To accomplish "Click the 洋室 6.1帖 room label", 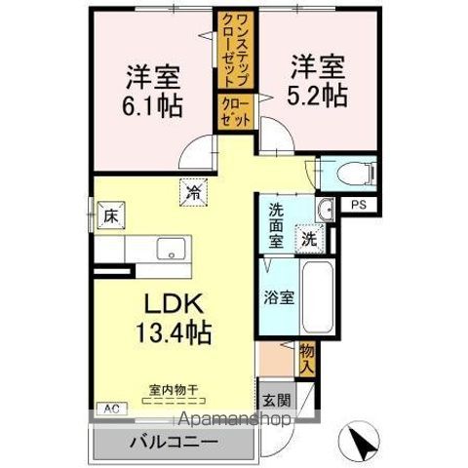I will coord(153,90).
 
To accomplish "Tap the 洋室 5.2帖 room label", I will coord(317,80).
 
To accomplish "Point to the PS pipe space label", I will coord(360,205).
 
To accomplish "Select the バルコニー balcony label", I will coord(171,441).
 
